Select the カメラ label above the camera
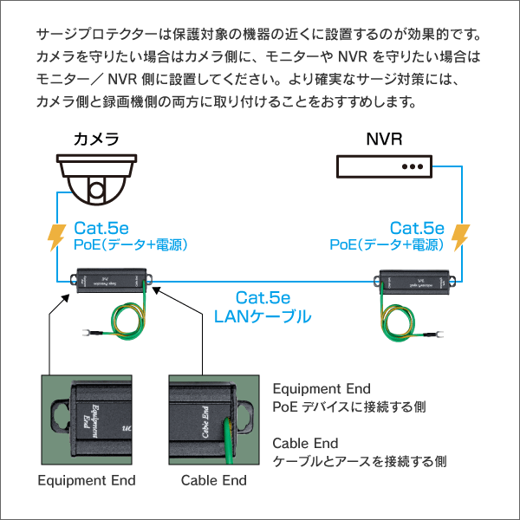click(96, 140)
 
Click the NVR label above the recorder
click(384, 140)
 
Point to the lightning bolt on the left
click(55, 236)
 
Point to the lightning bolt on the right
click(460, 236)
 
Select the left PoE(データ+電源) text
click(130, 245)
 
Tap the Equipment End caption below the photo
click(87, 480)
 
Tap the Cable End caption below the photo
click(213, 480)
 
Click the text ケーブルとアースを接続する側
click(360, 460)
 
